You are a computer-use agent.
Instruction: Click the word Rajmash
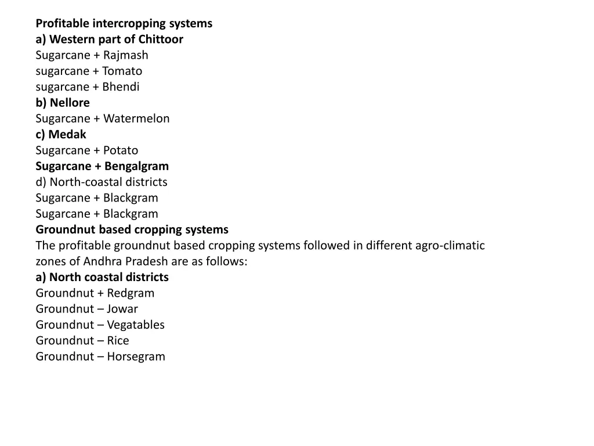[126, 55]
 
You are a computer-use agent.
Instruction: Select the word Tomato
[122, 71]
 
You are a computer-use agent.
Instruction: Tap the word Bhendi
[121, 87]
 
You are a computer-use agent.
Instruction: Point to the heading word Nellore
[70, 103]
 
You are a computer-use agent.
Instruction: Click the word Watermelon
[137, 118]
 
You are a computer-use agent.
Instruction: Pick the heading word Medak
[67, 134]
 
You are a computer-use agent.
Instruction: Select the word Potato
[121, 150]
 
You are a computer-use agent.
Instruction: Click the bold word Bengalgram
[137, 166]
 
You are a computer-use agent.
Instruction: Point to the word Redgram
[131, 293]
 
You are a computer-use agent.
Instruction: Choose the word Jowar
[122, 309]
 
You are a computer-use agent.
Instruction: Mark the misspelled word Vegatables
[136, 325]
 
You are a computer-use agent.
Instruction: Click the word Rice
[118, 340]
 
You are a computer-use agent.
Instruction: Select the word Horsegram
[136, 357]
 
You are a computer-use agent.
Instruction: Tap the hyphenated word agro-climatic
[450, 245]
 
